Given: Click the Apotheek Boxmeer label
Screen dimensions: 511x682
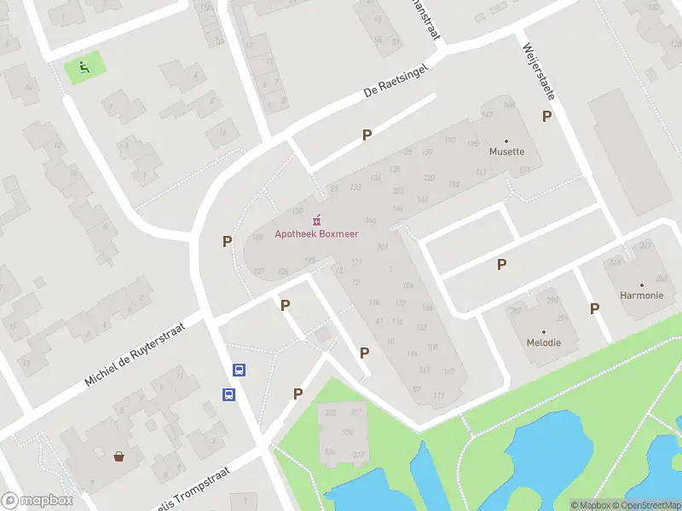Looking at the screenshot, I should [x=316, y=234].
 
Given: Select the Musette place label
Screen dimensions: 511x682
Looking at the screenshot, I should [x=506, y=152].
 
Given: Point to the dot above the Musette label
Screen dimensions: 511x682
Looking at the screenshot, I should [x=506, y=141].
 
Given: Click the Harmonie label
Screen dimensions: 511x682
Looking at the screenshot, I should [x=642, y=296].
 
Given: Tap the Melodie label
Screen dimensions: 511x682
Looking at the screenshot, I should [x=543, y=342].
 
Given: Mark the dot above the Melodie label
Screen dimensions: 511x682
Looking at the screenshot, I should [x=543, y=331].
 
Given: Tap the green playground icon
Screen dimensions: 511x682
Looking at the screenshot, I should [x=84, y=67].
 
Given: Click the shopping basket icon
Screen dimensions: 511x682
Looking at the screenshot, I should [x=118, y=456].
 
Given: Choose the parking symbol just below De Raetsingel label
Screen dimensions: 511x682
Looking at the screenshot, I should [x=367, y=135].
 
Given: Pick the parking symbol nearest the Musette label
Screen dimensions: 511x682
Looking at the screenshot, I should [x=546, y=116].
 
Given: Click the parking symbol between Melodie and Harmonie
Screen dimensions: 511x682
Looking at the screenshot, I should [x=594, y=308].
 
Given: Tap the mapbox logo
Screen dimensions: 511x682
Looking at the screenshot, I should [x=38, y=500].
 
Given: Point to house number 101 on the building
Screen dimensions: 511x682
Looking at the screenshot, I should [x=382, y=247].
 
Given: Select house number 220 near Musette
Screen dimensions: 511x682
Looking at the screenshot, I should [x=429, y=177].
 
